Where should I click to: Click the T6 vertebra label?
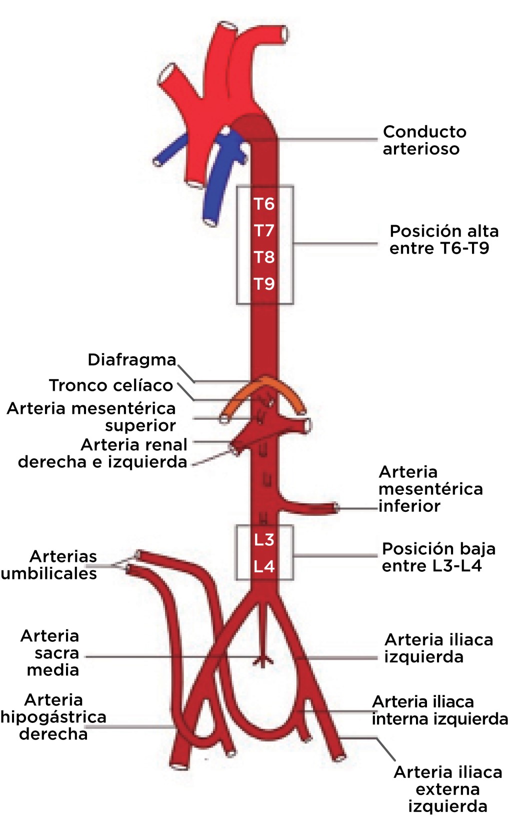point(264,204)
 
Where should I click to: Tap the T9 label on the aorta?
point(264,284)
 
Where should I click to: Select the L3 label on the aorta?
point(264,540)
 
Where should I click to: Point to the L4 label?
point(264,567)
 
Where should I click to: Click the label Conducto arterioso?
point(424,141)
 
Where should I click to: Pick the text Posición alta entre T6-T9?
point(443,240)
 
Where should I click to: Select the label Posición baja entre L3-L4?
point(438,557)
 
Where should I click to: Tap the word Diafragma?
point(132,360)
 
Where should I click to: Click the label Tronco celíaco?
point(111,386)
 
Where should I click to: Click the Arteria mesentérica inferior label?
point(430,489)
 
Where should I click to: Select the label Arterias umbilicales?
point(50,565)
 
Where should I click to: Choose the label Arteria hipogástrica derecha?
point(53,717)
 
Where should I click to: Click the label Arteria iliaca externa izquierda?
point(447,789)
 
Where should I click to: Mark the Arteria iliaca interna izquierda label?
point(439,710)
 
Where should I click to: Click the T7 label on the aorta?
point(264,231)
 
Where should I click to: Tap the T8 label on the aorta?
point(264,257)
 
